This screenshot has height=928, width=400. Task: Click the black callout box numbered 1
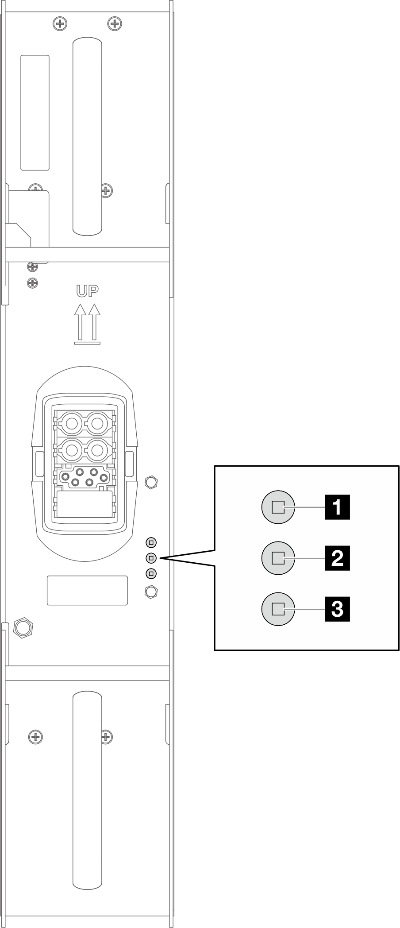pyautogui.click(x=337, y=507)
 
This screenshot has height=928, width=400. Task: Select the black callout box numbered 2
pyautogui.click(x=337, y=558)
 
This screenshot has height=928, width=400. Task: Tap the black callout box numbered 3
pyautogui.click(x=337, y=609)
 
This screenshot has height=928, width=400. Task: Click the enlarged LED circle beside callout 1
pyautogui.click(x=278, y=507)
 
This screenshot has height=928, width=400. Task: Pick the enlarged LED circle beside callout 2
pyautogui.click(x=278, y=558)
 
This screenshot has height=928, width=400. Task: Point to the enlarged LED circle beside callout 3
pyautogui.click(x=278, y=609)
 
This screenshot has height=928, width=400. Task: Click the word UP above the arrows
pyautogui.click(x=87, y=291)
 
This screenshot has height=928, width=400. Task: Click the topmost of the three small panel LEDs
pyautogui.click(x=151, y=542)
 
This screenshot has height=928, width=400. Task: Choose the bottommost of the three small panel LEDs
pyautogui.click(x=151, y=573)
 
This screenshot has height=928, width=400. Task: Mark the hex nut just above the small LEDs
pyautogui.click(x=151, y=481)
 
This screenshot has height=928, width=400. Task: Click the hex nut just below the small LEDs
pyautogui.click(x=151, y=591)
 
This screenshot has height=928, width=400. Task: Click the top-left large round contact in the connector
pyautogui.click(x=71, y=423)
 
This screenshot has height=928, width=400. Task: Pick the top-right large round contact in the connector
pyautogui.click(x=96, y=423)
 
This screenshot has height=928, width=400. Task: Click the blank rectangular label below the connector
pyautogui.click(x=87, y=590)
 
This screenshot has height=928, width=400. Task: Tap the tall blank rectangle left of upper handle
pyautogui.click(x=35, y=112)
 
